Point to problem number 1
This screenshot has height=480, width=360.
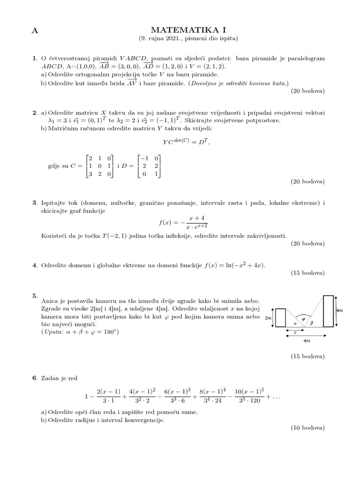[x=34, y=59]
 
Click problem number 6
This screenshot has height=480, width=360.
[x=34, y=378]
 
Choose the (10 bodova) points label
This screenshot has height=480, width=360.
[x=307, y=427]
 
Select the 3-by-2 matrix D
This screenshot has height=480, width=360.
[x=149, y=166]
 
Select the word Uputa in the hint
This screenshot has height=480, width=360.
[x=54, y=332]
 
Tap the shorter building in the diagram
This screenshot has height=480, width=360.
[x=280, y=317]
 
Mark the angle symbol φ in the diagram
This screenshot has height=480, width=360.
[x=303, y=319]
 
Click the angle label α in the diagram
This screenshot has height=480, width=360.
[x=295, y=323]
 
